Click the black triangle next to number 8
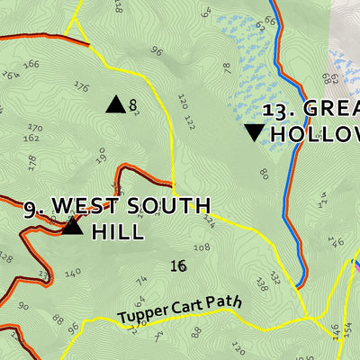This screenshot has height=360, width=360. (115, 104)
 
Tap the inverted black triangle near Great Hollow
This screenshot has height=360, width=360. (255, 133)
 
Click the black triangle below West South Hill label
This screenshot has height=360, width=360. (72, 226)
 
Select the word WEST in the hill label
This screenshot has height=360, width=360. (82, 206)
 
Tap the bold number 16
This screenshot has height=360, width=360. (177, 265)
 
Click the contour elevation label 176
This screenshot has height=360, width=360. (81, 87)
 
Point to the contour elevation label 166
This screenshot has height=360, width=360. (32, 64)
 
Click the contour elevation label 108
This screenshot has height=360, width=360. (202, 247)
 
